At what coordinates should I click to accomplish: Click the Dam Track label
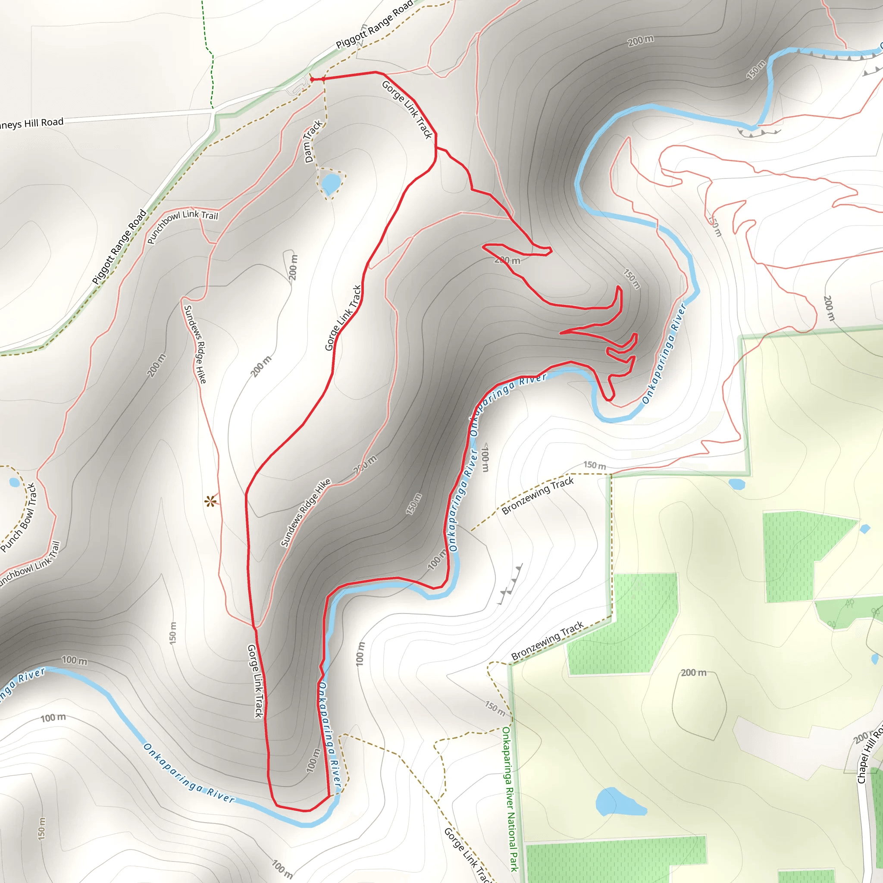(x=313, y=141)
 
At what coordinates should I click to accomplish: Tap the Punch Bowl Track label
(x=19, y=517)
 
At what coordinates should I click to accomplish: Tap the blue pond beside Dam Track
(x=330, y=184)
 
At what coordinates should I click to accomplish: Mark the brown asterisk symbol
(x=210, y=502)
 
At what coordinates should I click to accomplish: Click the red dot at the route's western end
(x=312, y=79)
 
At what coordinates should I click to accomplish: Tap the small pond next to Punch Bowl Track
(x=14, y=482)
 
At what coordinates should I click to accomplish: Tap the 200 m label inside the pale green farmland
(x=693, y=672)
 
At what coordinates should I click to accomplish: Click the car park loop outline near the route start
(x=298, y=86)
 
